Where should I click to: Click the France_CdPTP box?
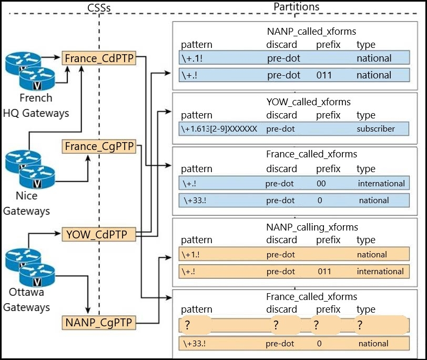point(99,58)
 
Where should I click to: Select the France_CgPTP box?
point(99,146)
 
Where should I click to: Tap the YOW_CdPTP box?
point(99,234)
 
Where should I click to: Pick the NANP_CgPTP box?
point(99,323)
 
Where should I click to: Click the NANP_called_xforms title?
point(311,32)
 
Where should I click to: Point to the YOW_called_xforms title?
point(308,102)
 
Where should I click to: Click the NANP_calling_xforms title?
point(312,227)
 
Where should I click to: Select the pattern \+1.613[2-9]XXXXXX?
point(219,128)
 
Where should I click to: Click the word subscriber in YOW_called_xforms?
point(376,128)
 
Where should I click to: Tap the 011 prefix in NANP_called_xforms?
point(324,75)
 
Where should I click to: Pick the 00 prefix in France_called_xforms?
point(321,183)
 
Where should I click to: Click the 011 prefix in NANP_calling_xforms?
point(324,272)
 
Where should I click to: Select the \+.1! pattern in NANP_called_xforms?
point(192,58)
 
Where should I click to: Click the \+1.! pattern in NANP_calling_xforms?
point(190,255)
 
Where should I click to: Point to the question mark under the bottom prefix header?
point(316,325)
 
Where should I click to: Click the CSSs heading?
point(99,8)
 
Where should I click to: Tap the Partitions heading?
point(296,7)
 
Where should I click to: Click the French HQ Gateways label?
point(36,105)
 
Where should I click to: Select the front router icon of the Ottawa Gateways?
point(37,275)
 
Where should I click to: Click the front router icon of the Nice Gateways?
point(37,177)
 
